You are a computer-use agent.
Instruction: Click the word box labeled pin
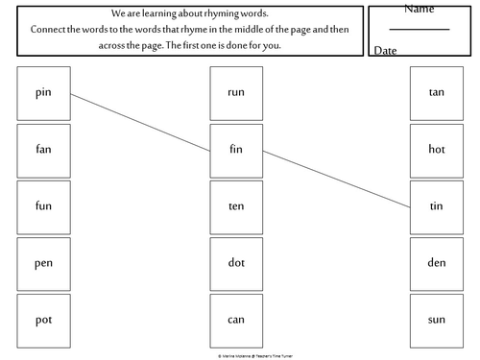pyautogui.click(x=43, y=93)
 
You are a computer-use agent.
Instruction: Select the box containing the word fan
pyautogui.click(x=43, y=150)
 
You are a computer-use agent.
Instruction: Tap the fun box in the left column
pyautogui.click(x=43, y=206)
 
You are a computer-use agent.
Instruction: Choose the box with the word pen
pyautogui.click(x=43, y=262)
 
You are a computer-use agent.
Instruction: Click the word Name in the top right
pyautogui.click(x=419, y=10)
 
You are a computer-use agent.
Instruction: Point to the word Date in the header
pyautogui.click(x=387, y=49)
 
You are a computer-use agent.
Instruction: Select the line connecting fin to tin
pyautogui.click(x=336, y=179)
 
